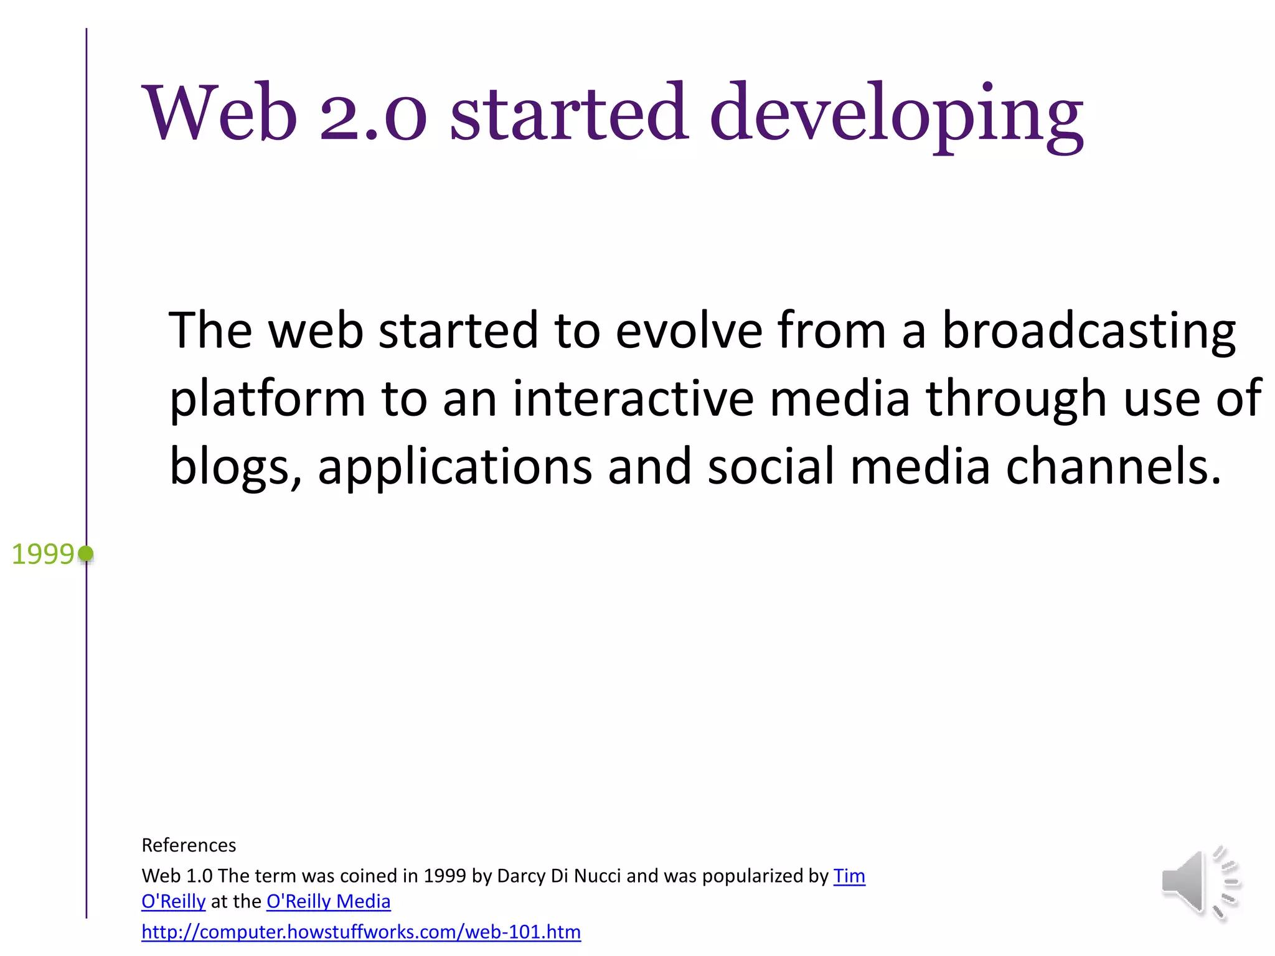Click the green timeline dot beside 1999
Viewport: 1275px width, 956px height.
(86, 553)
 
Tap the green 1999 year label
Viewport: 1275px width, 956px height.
(42, 554)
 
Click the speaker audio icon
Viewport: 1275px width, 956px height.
(1199, 883)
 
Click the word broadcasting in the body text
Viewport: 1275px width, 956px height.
(1088, 331)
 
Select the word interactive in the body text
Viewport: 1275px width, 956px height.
(633, 399)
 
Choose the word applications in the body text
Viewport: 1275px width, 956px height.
(454, 467)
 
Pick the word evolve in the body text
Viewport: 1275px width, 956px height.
(689, 330)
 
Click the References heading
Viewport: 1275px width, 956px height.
(189, 845)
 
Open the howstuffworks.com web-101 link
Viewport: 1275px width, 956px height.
(361, 932)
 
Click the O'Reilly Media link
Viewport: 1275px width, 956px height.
(328, 901)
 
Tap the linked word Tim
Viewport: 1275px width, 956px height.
(849, 876)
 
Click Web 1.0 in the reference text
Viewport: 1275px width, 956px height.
(177, 876)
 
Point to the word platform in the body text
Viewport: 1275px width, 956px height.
(267, 399)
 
